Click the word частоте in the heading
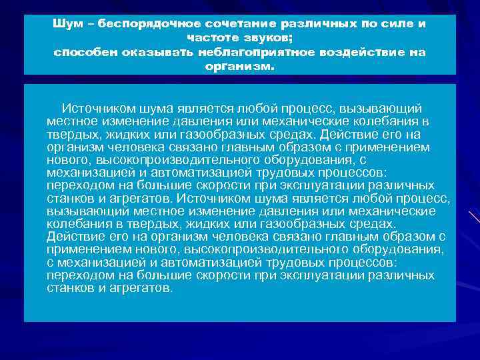tap(212, 37)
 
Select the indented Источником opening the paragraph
tap(99, 109)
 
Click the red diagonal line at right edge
tap(474, 219)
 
